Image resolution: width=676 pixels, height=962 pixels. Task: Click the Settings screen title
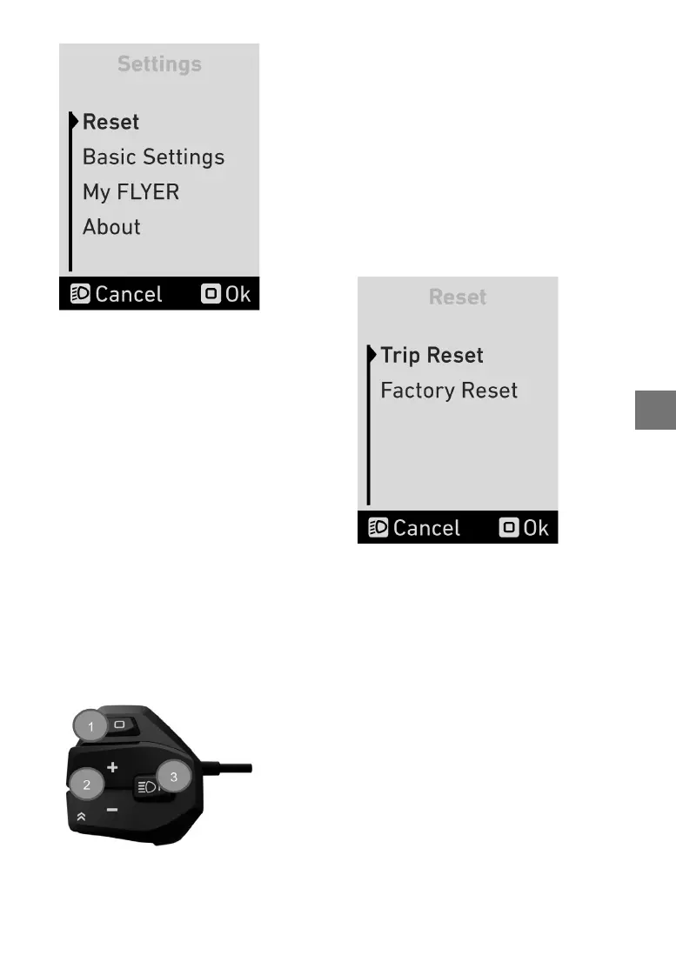pos(159,64)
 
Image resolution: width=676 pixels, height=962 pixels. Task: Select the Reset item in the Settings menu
pos(110,122)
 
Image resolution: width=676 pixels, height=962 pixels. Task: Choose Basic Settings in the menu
pos(153,157)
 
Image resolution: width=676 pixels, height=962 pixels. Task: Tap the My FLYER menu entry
pos(131,192)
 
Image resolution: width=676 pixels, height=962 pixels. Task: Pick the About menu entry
pos(111,227)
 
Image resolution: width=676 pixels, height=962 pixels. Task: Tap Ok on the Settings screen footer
pos(226,294)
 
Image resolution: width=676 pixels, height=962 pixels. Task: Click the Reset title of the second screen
pos(458,297)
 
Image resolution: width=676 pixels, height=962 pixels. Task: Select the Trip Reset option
pos(432,356)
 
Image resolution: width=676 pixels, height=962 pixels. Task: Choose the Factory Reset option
pos(449,391)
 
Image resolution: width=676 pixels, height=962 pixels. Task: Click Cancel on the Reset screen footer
pos(415,528)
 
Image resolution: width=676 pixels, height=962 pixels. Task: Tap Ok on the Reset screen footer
pos(525,528)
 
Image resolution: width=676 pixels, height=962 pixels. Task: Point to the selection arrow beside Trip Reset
pos(372,355)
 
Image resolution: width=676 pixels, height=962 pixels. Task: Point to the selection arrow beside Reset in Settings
pos(75,121)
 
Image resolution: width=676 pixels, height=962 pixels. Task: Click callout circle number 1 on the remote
pos(90,725)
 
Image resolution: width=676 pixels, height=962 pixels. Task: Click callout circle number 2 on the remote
pos(87,785)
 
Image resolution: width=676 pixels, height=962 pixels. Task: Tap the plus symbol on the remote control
pos(112,768)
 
